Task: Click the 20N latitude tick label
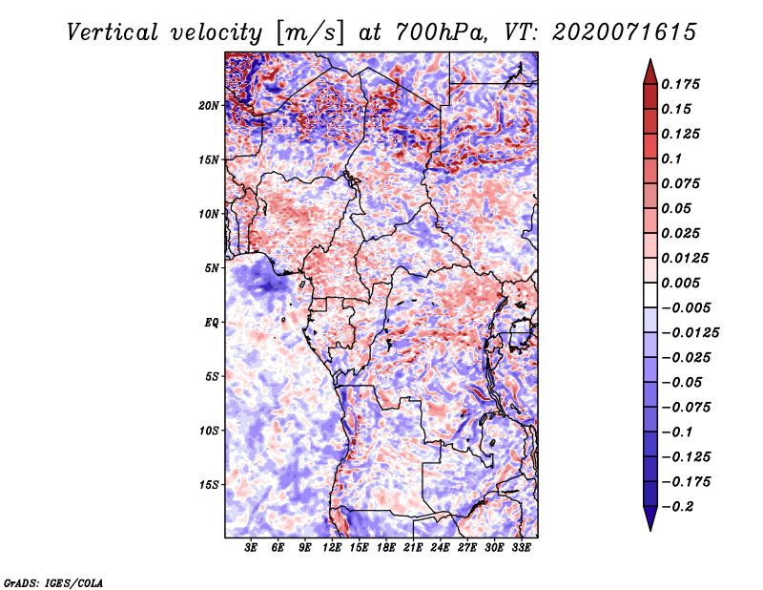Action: click(x=209, y=105)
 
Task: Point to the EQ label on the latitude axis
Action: click(x=211, y=323)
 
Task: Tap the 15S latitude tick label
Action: click(x=209, y=485)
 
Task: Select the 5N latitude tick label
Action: click(x=212, y=268)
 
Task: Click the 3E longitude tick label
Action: click(x=251, y=548)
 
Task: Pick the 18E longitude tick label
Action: click(x=386, y=548)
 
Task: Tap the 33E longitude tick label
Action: click(x=521, y=548)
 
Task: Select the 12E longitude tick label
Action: click(x=332, y=548)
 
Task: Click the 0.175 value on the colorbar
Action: click(x=680, y=84)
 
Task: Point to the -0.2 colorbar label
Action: click(x=677, y=507)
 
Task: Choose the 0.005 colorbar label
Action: click(x=680, y=283)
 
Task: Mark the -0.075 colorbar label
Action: click(x=686, y=408)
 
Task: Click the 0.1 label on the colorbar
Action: click(x=671, y=158)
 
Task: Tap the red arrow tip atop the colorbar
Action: click(x=650, y=59)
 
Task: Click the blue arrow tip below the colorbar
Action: click(x=650, y=530)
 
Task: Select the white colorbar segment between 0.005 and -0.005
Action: click(x=650, y=295)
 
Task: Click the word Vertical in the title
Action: click(x=113, y=32)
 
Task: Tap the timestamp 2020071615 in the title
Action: click(x=625, y=32)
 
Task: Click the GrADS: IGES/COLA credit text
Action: click(x=53, y=583)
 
